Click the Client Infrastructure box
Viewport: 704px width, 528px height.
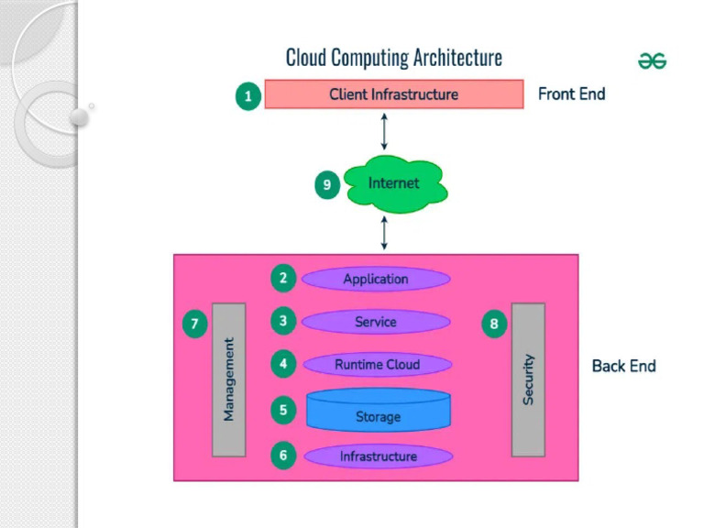point(394,94)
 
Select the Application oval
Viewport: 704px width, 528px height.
point(376,279)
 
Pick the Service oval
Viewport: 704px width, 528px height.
point(376,322)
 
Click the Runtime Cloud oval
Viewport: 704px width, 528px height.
point(377,365)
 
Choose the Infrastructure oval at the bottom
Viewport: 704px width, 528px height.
point(378,456)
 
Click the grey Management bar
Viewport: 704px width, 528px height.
point(229,379)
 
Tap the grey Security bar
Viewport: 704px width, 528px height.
point(528,379)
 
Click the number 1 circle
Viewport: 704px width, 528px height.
point(247,95)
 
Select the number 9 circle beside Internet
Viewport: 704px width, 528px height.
point(327,185)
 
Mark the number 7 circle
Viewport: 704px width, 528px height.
point(194,324)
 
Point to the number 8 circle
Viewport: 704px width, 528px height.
point(495,324)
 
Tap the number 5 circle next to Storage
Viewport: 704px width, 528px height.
point(283,411)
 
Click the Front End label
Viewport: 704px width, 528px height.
point(571,93)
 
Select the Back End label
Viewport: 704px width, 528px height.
point(623,366)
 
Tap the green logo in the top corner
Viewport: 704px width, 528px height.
point(652,61)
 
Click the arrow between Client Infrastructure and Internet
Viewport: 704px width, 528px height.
point(384,131)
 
